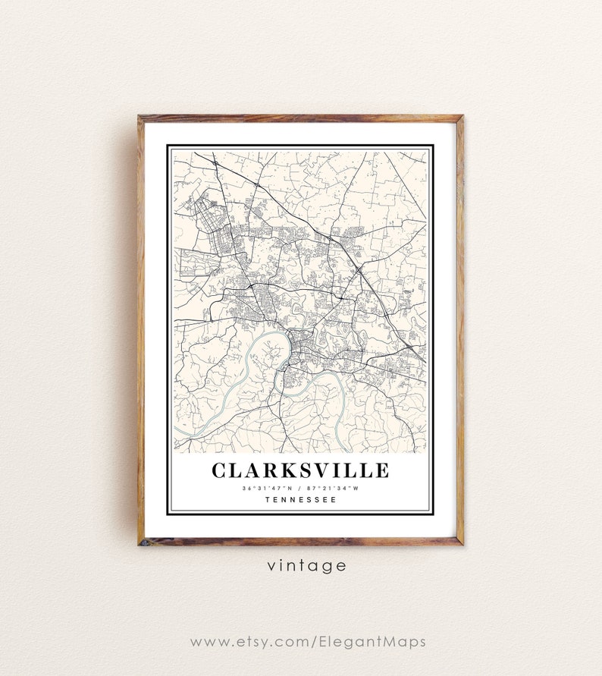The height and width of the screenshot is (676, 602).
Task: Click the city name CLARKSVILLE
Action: tap(300, 470)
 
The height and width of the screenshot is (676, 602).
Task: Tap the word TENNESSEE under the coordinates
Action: tap(300, 499)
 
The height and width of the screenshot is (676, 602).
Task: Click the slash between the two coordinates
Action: tap(300, 488)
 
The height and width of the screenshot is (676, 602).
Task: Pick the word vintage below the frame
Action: tap(306, 565)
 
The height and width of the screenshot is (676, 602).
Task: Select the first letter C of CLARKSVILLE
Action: tap(220, 470)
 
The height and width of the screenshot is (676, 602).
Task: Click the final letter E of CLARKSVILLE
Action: tap(381, 470)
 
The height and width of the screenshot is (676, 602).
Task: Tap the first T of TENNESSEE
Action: tap(268, 499)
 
